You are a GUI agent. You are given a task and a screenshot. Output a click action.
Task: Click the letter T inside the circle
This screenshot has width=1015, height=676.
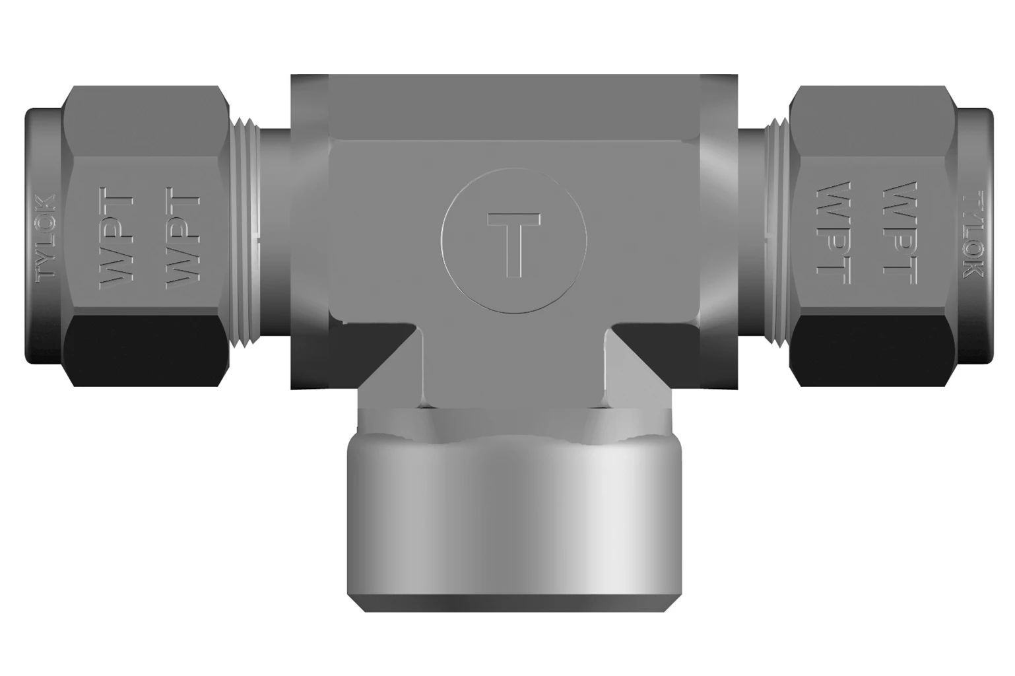[513, 245]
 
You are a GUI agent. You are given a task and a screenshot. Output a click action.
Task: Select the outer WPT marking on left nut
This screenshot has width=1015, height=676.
[116, 238]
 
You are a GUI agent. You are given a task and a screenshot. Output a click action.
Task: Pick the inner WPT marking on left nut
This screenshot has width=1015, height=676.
[183, 238]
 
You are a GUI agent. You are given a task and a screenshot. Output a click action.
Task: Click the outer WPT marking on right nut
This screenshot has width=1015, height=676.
[901, 233]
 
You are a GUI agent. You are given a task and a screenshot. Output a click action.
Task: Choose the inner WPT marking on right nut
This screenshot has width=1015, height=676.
[834, 233]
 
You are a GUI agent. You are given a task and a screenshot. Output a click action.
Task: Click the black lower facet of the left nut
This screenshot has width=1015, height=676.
[145, 351]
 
